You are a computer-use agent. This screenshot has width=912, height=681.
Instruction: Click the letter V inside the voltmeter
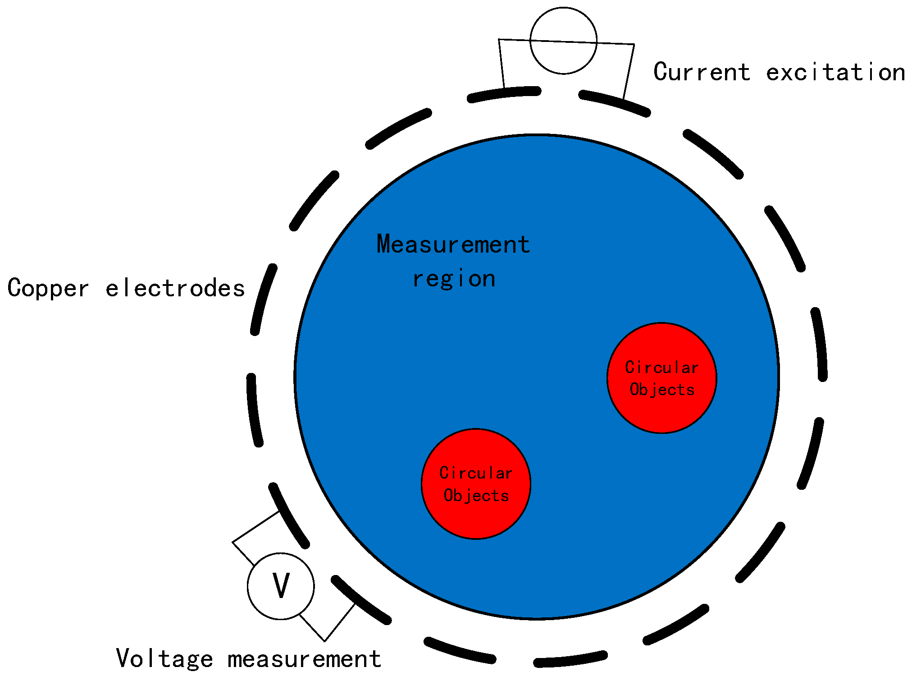(281, 585)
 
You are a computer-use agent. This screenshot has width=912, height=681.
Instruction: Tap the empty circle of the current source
(563, 41)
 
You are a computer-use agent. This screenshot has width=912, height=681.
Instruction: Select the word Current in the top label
(702, 72)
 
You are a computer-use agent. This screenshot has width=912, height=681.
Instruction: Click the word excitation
(836, 72)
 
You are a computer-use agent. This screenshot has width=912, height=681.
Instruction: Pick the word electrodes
(175, 288)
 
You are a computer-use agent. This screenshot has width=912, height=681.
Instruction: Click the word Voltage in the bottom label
(164, 658)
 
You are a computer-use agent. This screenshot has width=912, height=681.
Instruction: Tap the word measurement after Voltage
(305, 659)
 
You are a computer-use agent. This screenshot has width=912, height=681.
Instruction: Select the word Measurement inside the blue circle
(453, 244)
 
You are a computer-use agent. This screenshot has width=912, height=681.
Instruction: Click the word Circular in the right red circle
(661, 368)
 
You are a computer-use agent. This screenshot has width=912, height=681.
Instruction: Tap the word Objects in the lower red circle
(476, 496)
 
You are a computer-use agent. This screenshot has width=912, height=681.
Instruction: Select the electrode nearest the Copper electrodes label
(263, 299)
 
